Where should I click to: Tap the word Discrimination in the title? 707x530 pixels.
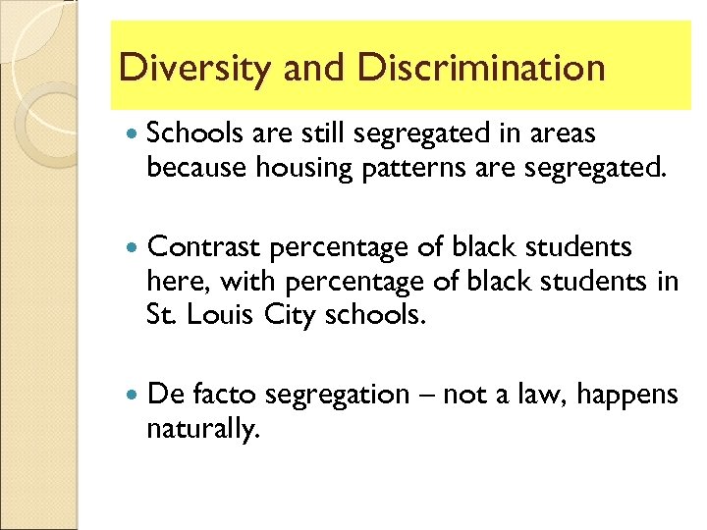tap(482, 68)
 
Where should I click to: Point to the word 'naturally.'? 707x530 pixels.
tap(203, 430)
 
